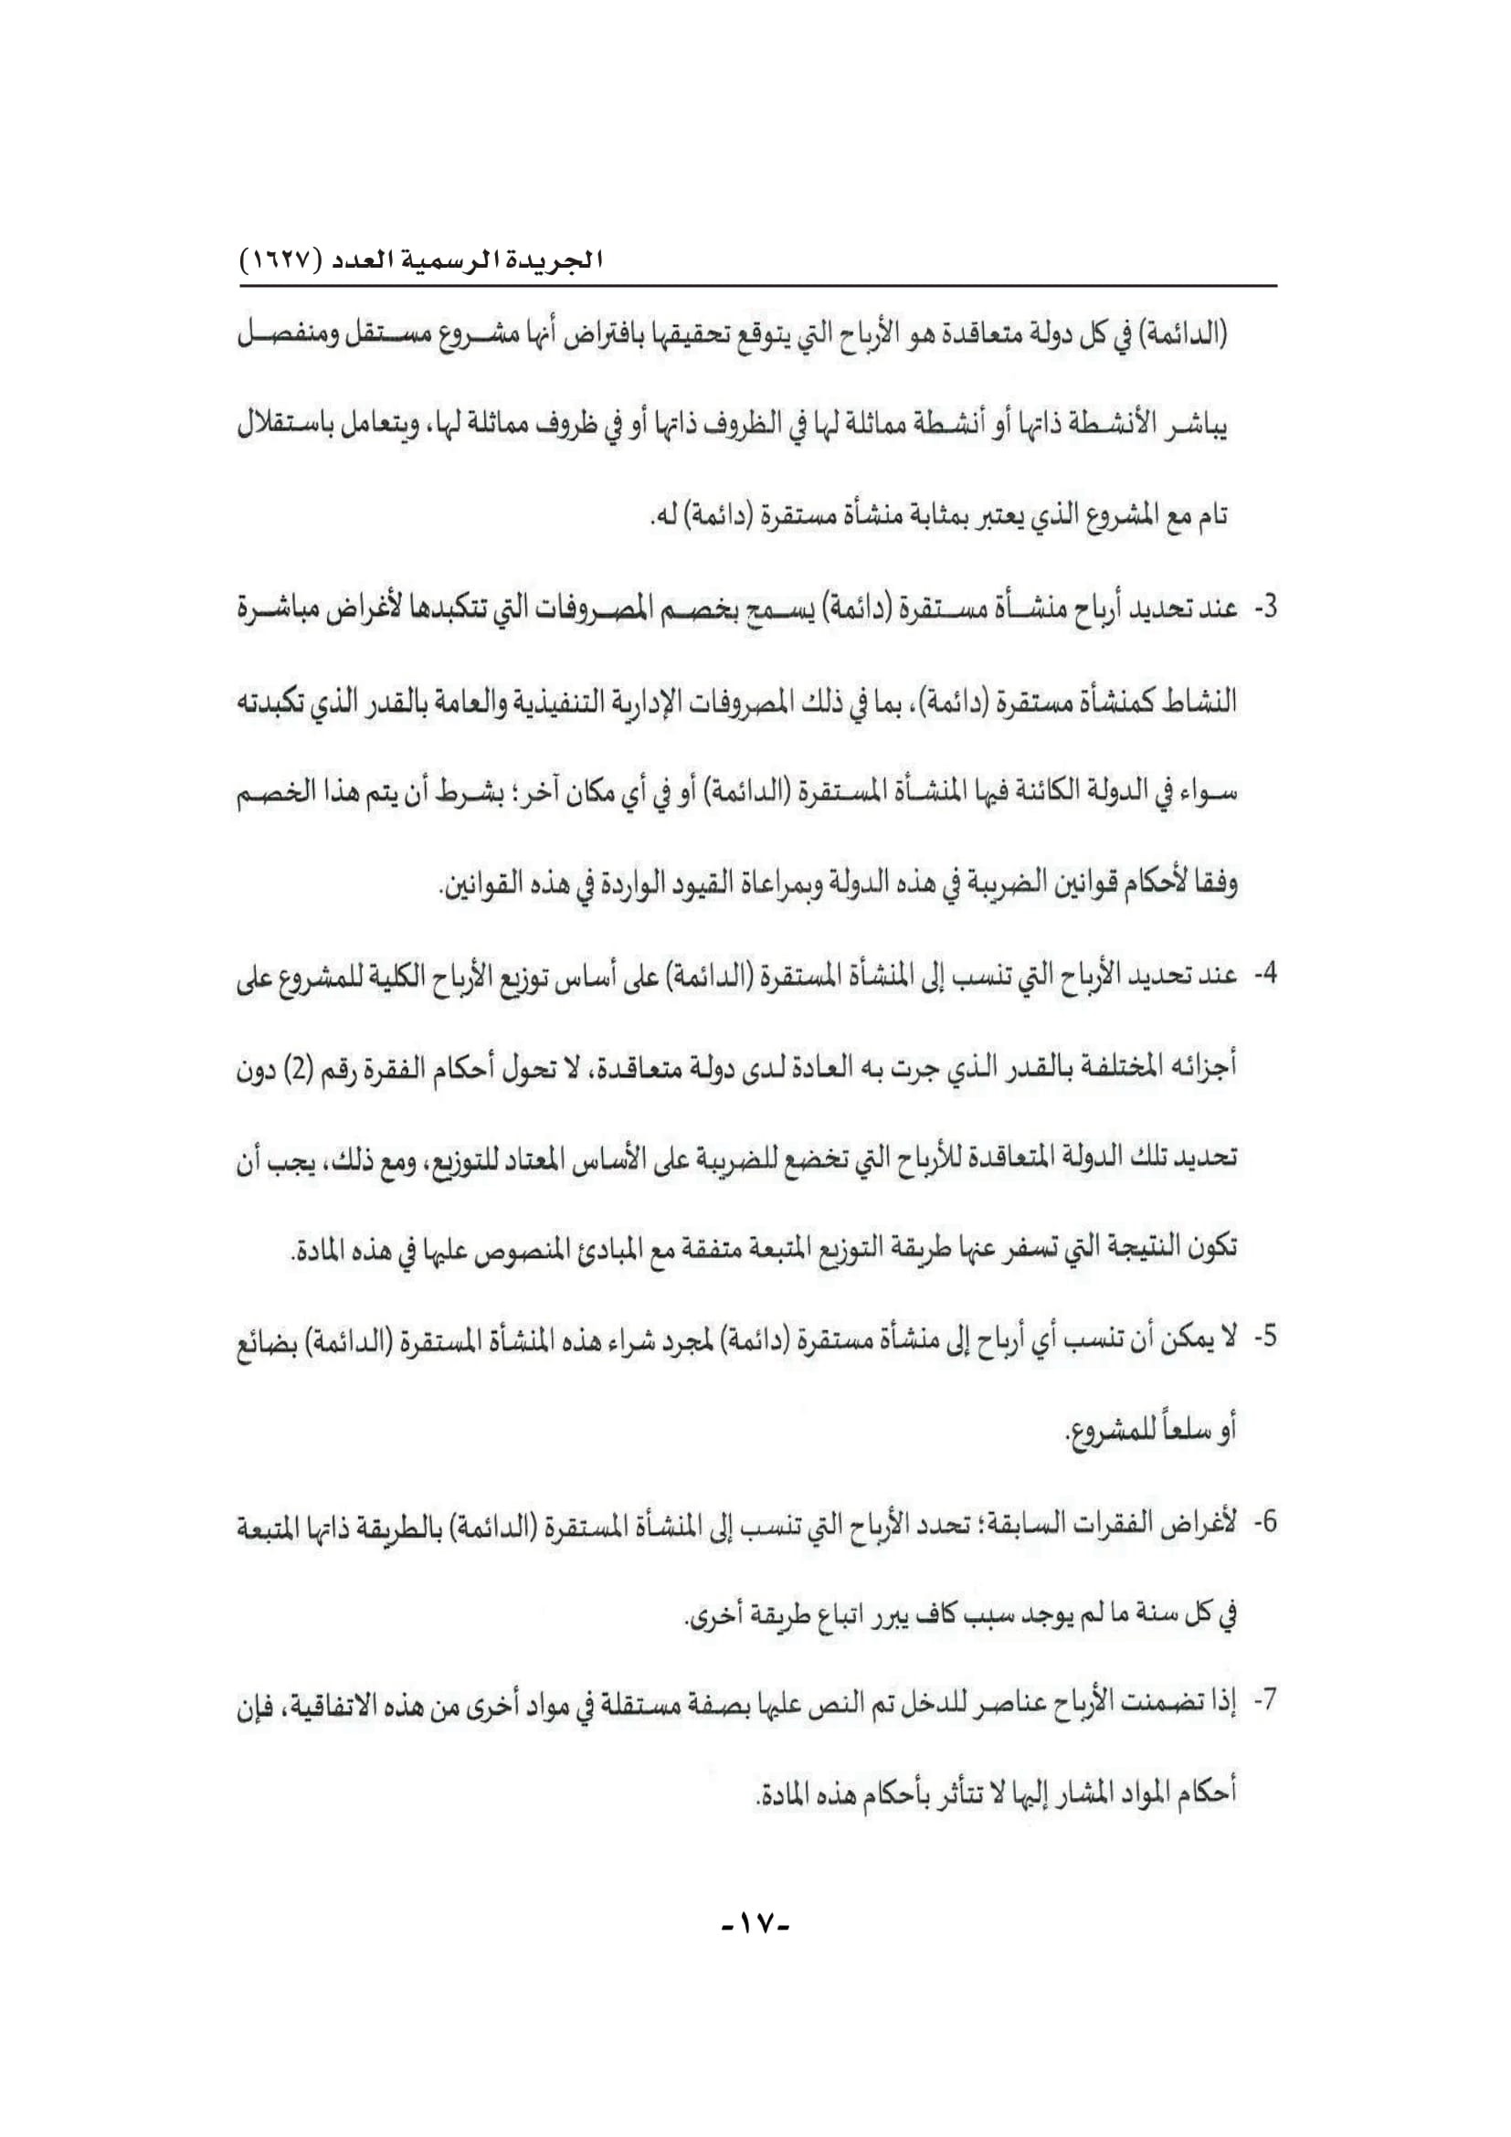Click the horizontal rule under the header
(755, 285)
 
